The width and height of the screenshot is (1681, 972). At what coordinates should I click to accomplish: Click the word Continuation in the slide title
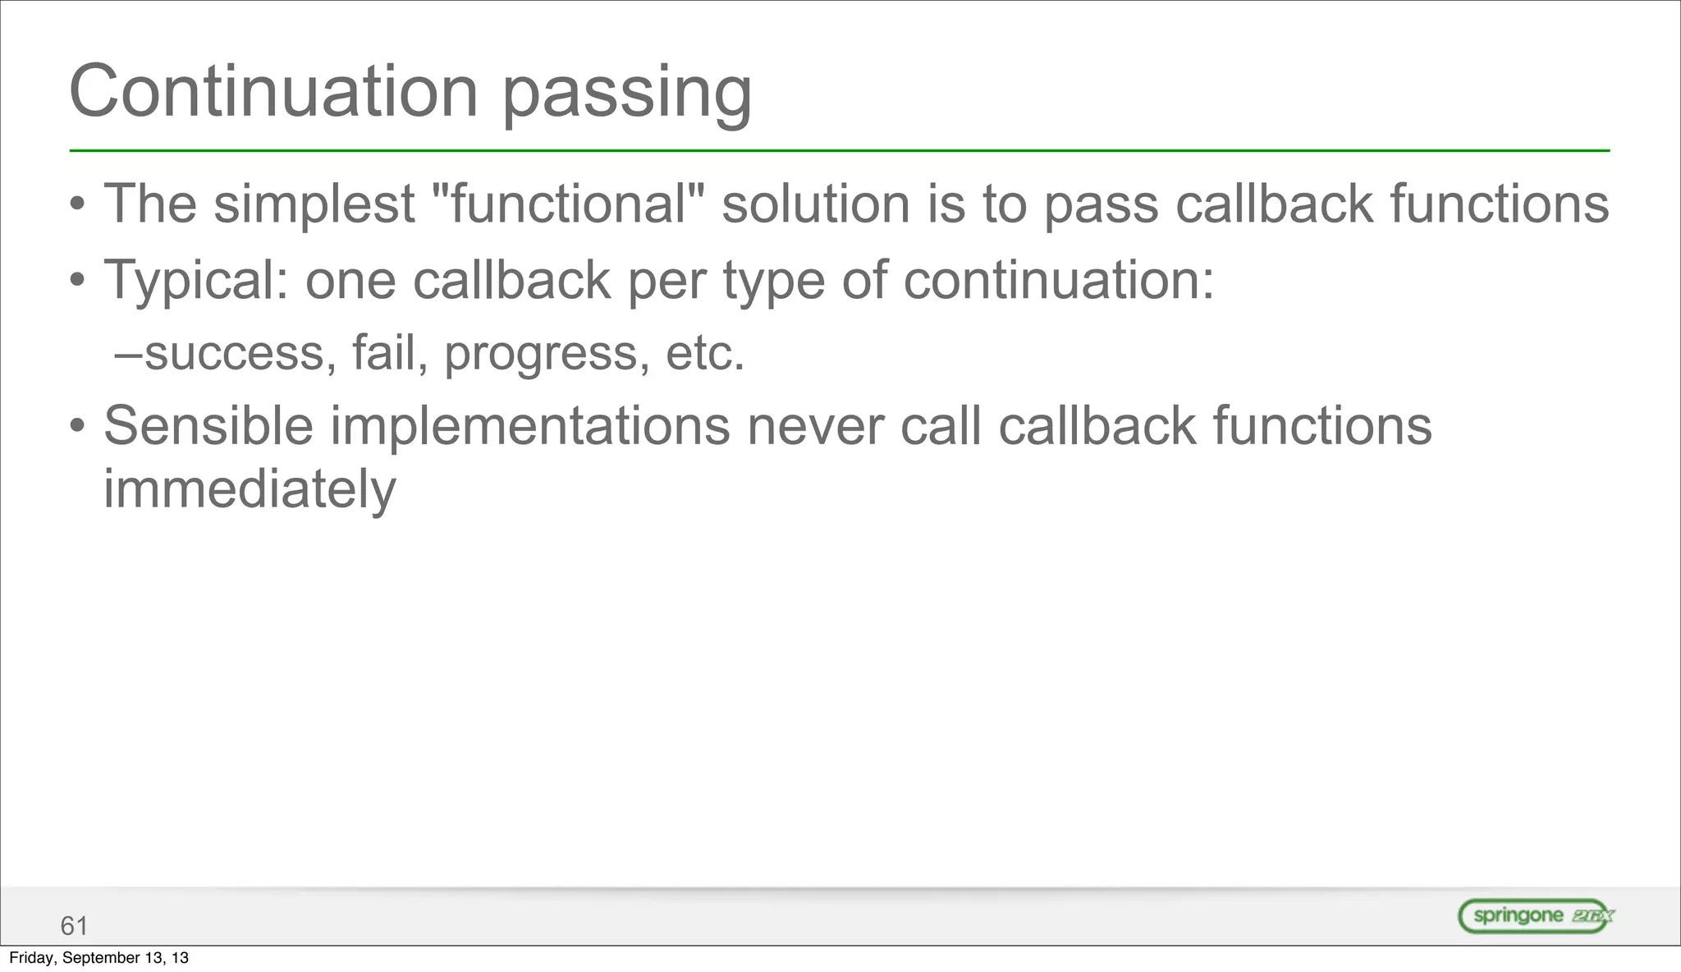[273, 92]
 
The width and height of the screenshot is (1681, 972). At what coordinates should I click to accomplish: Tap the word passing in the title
[626, 95]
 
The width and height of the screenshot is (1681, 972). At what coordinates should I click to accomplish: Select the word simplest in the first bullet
[314, 204]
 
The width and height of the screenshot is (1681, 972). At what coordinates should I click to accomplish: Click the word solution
[816, 204]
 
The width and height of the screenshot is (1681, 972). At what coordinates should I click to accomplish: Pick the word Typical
[195, 281]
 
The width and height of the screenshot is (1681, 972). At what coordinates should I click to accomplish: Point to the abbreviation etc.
[705, 354]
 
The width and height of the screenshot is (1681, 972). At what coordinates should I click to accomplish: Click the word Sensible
[208, 426]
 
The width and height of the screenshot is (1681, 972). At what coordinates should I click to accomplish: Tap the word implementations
[529, 428]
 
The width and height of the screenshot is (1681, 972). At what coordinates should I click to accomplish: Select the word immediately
[250, 490]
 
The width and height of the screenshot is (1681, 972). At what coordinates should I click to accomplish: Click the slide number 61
[74, 926]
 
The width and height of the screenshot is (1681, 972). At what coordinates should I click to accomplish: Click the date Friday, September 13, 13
[98, 958]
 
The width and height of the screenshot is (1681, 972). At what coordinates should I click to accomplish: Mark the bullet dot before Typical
[77, 282]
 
